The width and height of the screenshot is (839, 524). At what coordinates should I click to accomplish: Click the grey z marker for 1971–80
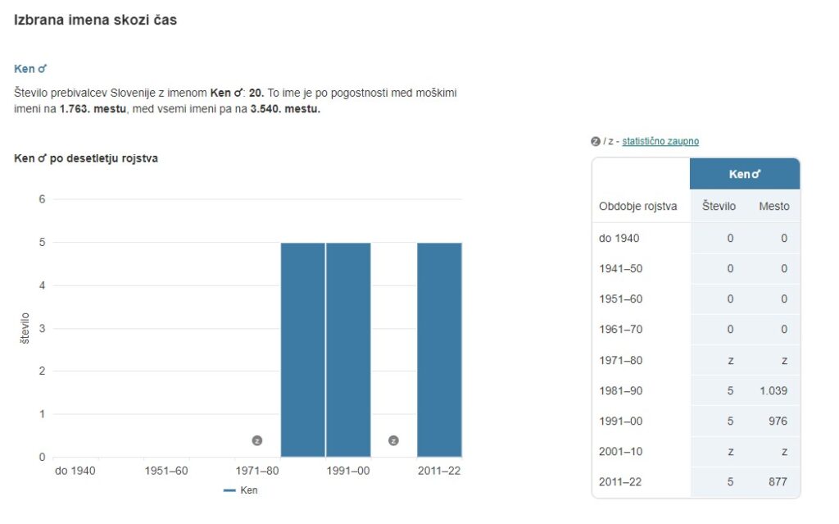tap(257, 441)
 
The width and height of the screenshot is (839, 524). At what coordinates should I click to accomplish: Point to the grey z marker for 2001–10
tap(393, 441)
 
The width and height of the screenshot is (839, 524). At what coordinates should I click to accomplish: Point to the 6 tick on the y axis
tap(42, 199)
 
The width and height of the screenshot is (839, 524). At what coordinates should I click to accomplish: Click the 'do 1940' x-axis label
tap(75, 471)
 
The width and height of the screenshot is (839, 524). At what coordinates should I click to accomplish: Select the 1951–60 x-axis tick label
tap(166, 471)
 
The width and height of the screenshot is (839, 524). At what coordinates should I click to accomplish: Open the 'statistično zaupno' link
tap(660, 141)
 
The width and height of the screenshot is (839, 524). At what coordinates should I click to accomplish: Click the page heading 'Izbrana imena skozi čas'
tap(95, 20)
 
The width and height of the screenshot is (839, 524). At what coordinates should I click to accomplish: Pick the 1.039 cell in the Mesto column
tap(773, 390)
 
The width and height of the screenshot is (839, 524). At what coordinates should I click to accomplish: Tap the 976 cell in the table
tap(778, 421)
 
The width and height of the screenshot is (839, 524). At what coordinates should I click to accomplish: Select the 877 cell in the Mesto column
tap(778, 481)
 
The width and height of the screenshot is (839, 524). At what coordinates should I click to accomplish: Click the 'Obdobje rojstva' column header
tap(638, 206)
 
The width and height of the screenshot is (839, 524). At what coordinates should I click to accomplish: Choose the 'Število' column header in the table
tap(719, 206)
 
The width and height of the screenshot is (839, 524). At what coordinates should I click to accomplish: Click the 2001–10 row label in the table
tap(620, 451)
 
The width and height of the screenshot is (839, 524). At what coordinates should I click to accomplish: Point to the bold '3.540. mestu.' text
tap(285, 109)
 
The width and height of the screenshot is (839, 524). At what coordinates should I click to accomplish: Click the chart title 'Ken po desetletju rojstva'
tap(86, 158)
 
